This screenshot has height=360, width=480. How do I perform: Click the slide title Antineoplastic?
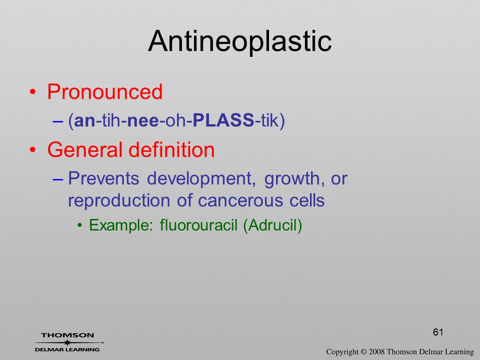240,41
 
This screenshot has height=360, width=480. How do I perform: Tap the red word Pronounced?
104,91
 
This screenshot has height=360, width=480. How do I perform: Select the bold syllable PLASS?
223,120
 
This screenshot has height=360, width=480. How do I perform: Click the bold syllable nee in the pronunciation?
143,121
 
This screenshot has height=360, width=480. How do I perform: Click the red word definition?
171,149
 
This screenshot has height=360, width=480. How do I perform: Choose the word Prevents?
103,178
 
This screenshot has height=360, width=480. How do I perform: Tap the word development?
201,179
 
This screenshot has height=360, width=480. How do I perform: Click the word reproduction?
119,201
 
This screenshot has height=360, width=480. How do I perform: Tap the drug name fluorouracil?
198,225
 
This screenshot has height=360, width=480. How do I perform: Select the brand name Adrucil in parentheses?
272,225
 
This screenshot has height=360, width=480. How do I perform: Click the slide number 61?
438,332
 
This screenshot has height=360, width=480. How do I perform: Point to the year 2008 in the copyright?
376,351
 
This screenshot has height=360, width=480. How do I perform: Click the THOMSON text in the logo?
67,335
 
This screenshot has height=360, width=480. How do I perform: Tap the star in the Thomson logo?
67,342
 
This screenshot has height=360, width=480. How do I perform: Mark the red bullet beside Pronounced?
33,92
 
